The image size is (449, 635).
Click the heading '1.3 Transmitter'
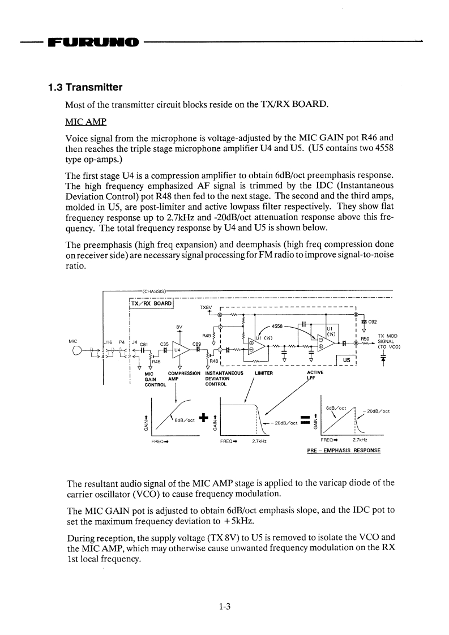pyautogui.click(x=85, y=88)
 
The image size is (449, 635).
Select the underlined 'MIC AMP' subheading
pyautogui.click(x=85, y=122)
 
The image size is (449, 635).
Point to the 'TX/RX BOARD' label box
pyautogui.click(x=151, y=303)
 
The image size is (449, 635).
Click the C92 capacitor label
pyautogui.click(x=373, y=322)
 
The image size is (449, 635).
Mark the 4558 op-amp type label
pyautogui.click(x=278, y=326)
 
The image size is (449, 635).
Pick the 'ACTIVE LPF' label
pyautogui.click(x=315, y=376)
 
